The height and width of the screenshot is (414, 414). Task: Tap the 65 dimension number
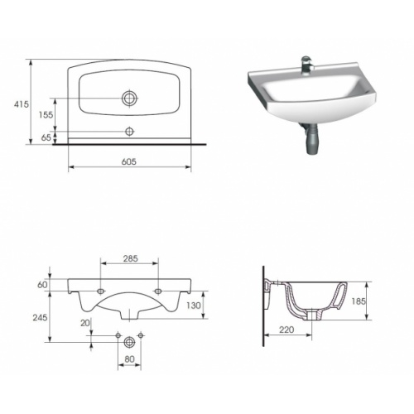[x=47, y=138]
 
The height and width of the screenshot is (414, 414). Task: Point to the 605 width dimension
[x=128, y=161]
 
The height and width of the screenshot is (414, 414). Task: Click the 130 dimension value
[x=192, y=306]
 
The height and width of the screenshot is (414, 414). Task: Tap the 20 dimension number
[x=85, y=322]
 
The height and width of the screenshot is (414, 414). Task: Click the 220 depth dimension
[x=286, y=330]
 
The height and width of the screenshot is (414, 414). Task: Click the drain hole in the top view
[x=128, y=99]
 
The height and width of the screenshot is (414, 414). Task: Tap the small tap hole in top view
[x=128, y=132]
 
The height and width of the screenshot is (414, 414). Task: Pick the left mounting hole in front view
[x=100, y=291]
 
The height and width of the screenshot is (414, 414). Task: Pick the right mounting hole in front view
[x=158, y=291]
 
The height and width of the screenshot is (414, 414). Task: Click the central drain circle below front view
[x=129, y=341]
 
